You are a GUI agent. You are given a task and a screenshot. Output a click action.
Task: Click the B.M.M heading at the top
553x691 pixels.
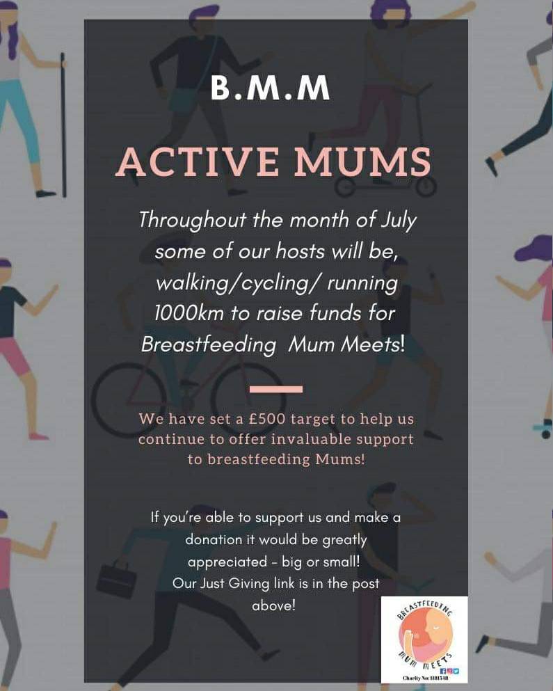point(271,89)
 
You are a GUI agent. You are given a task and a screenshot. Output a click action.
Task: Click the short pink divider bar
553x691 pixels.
point(275,389)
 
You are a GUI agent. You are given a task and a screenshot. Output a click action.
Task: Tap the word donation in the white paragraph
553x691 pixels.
point(213,539)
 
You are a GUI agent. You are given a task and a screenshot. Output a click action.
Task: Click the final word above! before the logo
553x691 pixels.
point(273,605)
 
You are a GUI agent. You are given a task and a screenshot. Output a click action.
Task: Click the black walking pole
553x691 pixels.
point(64,125)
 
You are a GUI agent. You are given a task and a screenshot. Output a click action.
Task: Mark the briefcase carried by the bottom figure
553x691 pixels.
point(115,579)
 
